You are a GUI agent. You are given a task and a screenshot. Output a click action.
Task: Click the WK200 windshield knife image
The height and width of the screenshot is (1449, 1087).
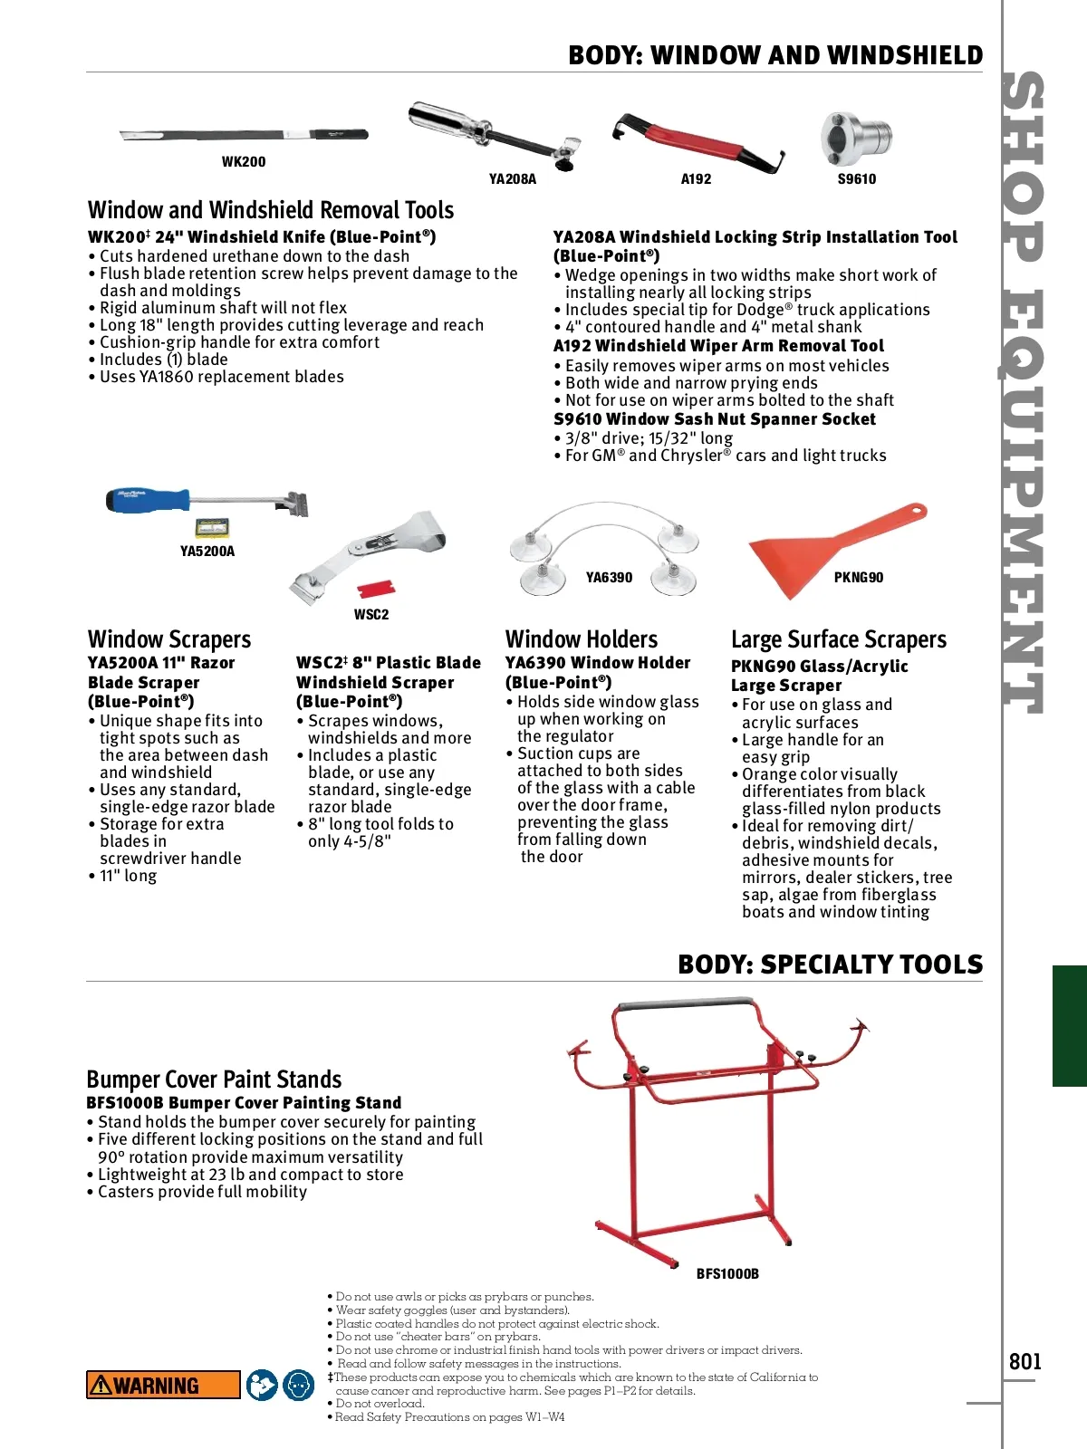point(245,136)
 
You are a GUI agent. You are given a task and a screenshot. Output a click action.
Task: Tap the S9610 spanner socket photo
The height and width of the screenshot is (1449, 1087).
point(856,139)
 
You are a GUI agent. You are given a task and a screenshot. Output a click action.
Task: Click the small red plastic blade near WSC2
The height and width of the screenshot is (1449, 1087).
point(376,590)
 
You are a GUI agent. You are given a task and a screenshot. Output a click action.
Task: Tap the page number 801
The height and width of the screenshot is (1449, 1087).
point(1025,1362)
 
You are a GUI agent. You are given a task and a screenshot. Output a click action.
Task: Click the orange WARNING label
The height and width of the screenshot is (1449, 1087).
point(163,1386)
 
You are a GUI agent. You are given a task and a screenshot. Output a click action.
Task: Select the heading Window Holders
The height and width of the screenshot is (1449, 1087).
point(582,639)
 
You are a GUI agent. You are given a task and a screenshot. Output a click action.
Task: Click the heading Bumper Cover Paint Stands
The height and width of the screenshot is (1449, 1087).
point(214,1080)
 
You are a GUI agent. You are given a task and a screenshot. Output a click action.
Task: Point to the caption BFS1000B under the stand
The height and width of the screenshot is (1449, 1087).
point(727,1274)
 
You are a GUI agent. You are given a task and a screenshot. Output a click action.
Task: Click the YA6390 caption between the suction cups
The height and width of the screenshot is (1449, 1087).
point(609,578)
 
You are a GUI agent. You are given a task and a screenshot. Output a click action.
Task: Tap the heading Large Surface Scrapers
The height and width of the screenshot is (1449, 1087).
point(838,639)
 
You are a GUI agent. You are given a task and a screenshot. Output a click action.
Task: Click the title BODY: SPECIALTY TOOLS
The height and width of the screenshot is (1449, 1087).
point(830,964)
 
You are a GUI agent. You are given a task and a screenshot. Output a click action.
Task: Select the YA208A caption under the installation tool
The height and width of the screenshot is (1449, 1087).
point(513,179)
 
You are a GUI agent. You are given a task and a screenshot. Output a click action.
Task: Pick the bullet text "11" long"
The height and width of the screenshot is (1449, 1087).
point(128,876)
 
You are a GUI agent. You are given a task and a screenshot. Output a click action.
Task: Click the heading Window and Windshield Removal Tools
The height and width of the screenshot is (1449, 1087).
point(271,210)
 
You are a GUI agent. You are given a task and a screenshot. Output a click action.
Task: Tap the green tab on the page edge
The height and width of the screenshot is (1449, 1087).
point(1069,1025)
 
